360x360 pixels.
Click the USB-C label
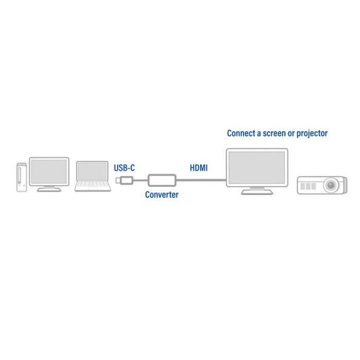[x=124, y=168]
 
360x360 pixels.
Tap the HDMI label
[x=199, y=168]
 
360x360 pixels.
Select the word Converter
[x=162, y=195]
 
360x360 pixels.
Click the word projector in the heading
[x=312, y=134]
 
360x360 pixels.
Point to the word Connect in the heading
[x=241, y=133]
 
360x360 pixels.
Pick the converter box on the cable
[x=162, y=180]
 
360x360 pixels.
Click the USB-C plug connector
[x=124, y=180]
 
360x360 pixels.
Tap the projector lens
[x=331, y=185]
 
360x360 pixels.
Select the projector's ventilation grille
[x=308, y=186]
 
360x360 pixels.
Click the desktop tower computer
[x=22, y=177]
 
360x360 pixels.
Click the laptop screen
[x=92, y=171]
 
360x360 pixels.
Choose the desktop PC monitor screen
[x=49, y=171]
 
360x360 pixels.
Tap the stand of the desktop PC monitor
[x=49, y=189]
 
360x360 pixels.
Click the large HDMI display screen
[x=257, y=168]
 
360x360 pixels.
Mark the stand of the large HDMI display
[x=257, y=191]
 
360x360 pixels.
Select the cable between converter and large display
[x=202, y=180]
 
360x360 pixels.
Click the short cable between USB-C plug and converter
[x=140, y=180]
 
